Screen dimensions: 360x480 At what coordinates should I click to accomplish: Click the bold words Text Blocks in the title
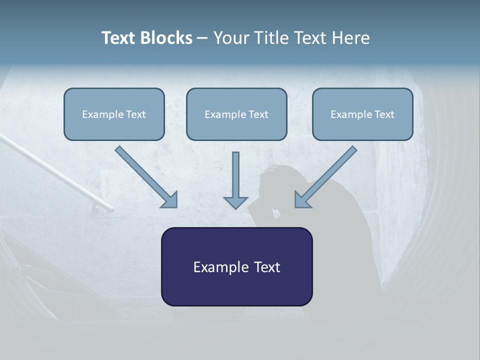pyautogui.click(x=146, y=38)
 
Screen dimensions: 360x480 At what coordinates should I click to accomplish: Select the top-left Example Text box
pyautogui.click(x=114, y=114)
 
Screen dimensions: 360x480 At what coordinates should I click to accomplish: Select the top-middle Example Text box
pyautogui.click(x=236, y=114)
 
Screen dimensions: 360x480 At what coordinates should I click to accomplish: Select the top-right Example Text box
pyautogui.click(x=362, y=114)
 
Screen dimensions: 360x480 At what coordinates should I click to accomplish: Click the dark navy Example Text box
pyautogui.click(x=236, y=266)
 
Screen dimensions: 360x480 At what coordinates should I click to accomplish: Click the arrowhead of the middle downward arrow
pyautogui.click(x=235, y=202)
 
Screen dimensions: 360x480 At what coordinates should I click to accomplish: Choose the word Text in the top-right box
pyautogui.click(x=384, y=114)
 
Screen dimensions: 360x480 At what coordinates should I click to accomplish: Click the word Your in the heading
pyautogui.click(x=230, y=38)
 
